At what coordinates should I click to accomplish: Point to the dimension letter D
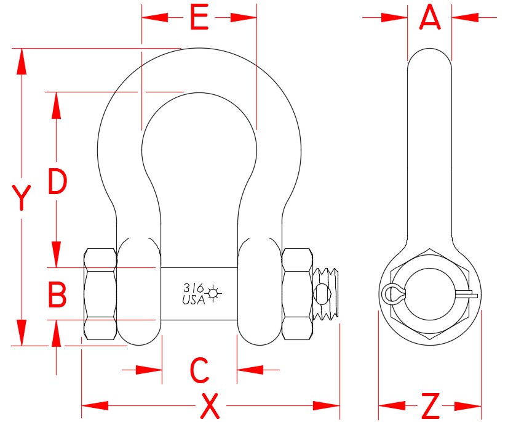(x=57, y=182)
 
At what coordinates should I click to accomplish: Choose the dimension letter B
(x=57, y=295)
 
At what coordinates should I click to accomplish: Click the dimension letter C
(x=199, y=370)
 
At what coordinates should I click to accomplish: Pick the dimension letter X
(x=210, y=406)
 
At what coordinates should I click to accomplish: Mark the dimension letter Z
(x=431, y=406)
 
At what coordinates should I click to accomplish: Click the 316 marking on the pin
(x=193, y=287)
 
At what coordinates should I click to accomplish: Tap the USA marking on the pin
(x=194, y=300)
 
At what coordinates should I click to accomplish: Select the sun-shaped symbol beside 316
(x=213, y=293)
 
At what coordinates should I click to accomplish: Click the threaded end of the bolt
(x=327, y=293)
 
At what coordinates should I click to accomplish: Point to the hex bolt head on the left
(x=100, y=294)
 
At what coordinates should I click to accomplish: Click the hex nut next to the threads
(x=297, y=294)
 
